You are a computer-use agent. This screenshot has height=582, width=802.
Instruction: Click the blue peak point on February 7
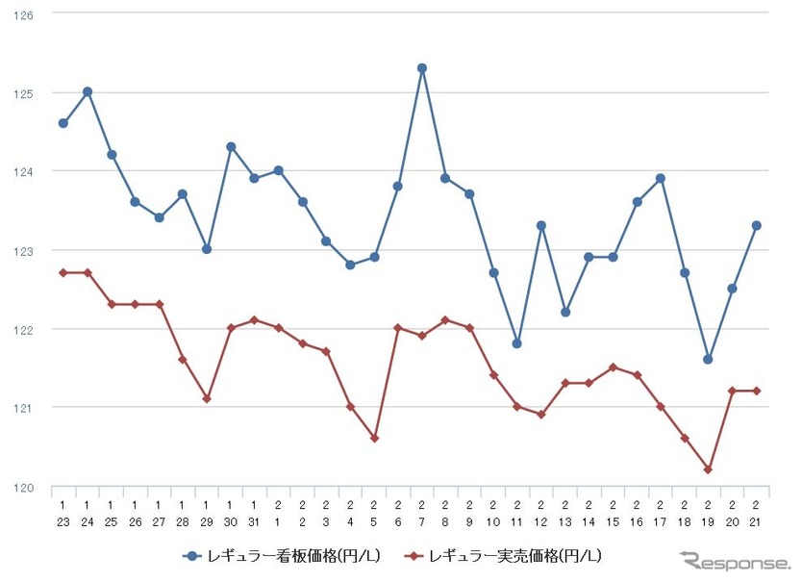coord(422,68)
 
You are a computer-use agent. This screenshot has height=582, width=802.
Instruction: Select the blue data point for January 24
coord(88,91)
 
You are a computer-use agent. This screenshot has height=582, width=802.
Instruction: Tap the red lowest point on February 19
coord(708,469)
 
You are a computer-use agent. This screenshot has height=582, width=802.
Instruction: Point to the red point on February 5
coord(374,438)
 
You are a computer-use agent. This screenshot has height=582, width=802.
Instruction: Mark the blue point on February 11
coord(517,343)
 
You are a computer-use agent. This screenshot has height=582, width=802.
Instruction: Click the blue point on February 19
coord(708,359)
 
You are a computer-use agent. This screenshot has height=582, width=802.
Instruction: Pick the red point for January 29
coord(207,398)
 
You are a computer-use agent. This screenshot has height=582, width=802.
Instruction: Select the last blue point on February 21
coord(756,225)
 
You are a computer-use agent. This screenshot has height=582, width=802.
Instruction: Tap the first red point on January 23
coord(63,272)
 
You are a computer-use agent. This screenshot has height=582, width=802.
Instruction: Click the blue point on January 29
coord(207,249)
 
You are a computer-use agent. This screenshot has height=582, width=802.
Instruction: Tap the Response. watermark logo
coord(736,561)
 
